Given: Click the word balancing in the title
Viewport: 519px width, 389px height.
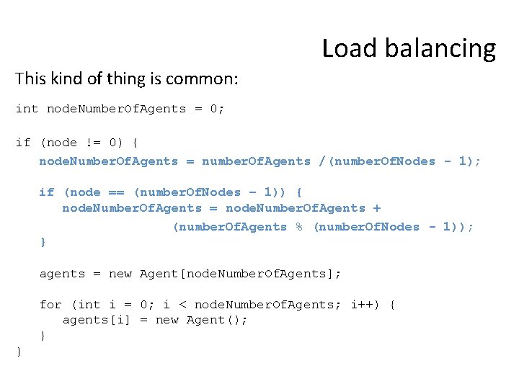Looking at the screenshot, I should click(x=440, y=49).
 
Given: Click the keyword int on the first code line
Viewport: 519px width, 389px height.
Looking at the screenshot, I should click(x=27, y=109).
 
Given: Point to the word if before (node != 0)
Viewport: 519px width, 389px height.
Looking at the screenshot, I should click(x=23, y=143).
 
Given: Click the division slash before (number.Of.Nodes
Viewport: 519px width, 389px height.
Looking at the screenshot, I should click(x=323, y=161).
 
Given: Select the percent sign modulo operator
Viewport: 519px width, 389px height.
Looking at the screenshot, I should click(x=299, y=227).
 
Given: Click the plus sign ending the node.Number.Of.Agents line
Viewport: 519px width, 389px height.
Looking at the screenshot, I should click(x=377, y=208).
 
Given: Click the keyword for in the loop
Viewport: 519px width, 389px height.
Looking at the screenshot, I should click(x=50, y=305).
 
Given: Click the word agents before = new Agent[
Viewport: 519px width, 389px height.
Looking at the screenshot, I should click(x=62, y=274).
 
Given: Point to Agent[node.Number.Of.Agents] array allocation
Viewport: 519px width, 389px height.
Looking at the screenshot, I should click(x=237, y=274).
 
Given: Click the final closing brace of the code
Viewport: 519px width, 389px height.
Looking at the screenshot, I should click(x=19, y=352).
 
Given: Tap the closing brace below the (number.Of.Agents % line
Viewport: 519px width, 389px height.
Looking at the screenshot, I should click(x=43, y=243).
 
